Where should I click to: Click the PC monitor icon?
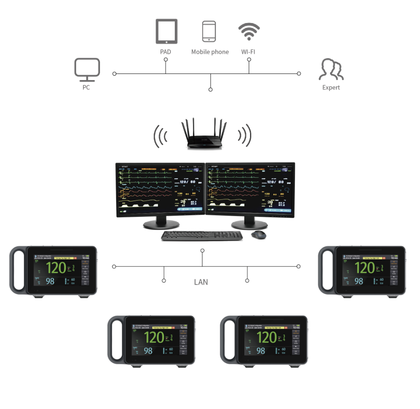[x=87, y=69]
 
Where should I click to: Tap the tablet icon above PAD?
[x=167, y=31]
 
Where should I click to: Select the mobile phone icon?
[x=209, y=31]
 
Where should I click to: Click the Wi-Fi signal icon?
[x=249, y=31]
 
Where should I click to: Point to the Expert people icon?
[x=331, y=70]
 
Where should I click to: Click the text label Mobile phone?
[x=210, y=52]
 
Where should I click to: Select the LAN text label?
[x=201, y=282]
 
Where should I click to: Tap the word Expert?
[x=331, y=87]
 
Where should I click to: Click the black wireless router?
[x=203, y=135]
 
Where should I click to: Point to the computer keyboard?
[x=202, y=235]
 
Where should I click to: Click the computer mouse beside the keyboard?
[x=259, y=235]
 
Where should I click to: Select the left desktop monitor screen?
[x=160, y=190]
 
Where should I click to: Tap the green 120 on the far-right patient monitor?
[x=364, y=267]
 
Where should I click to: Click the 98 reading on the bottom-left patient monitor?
[x=148, y=350]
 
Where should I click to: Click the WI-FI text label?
[x=248, y=52]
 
